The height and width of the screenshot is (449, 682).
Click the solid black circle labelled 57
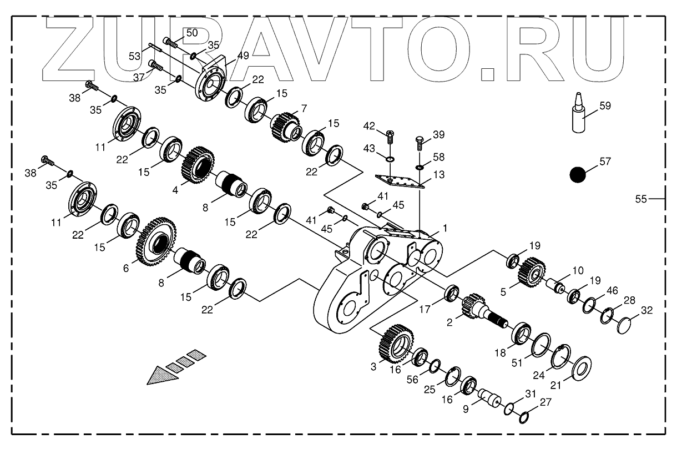(578, 175)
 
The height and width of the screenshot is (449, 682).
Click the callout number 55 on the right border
(641, 199)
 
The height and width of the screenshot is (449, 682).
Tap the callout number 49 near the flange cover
(243, 55)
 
